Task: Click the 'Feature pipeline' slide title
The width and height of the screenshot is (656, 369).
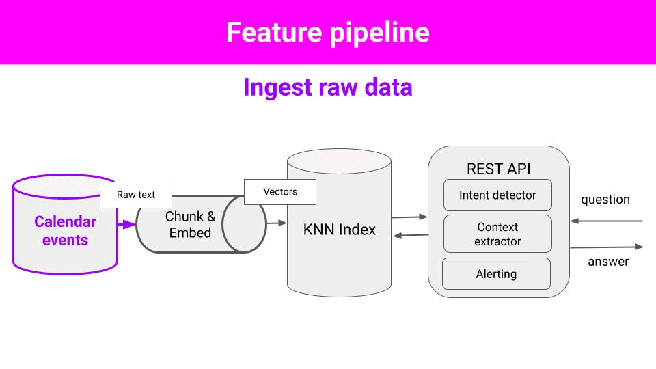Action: [328, 33]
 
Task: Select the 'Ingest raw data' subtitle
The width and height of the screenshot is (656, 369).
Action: [328, 87]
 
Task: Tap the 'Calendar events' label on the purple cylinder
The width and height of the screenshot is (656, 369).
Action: [66, 230]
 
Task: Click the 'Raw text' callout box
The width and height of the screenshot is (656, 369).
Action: [136, 195]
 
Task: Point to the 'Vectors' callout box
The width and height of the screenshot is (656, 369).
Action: [280, 192]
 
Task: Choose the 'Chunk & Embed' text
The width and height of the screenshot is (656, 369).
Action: [191, 224]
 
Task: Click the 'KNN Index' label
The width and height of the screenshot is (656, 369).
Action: [340, 230]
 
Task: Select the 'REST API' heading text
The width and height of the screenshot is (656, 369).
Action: [498, 169]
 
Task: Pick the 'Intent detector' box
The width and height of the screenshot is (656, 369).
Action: [498, 195]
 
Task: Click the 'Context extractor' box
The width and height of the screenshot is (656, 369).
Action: [498, 234]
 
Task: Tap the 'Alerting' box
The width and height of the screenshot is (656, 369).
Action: [496, 273]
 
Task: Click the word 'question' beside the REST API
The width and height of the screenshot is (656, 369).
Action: [605, 200]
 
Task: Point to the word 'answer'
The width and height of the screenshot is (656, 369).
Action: [608, 262]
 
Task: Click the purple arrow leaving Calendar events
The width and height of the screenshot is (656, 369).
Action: [127, 225]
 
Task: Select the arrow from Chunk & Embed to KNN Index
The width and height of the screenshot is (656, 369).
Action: [277, 223]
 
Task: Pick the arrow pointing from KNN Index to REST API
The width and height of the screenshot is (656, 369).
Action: [409, 217]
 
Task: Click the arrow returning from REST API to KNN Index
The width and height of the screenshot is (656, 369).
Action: [411, 236]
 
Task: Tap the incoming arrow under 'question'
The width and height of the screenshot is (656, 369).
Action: [606, 221]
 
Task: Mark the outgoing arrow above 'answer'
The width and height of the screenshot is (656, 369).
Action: [607, 247]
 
